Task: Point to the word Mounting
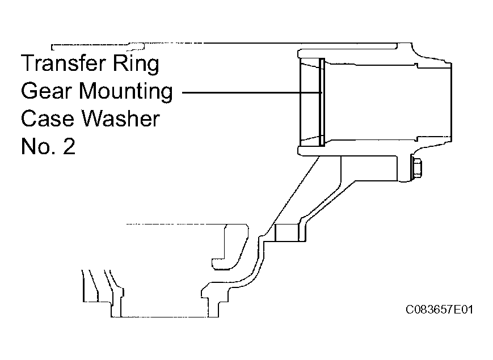click(126, 92)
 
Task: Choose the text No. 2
click(48, 146)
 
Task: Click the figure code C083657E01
click(439, 310)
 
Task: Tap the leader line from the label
click(252, 92)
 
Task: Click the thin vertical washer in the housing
click(321, 103)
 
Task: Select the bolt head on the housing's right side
click(416, 169)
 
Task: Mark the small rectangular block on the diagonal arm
click(286, 233)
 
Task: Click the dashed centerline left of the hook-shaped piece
click(176, 225)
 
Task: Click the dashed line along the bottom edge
click(164, 317)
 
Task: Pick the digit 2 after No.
click(69, 146)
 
